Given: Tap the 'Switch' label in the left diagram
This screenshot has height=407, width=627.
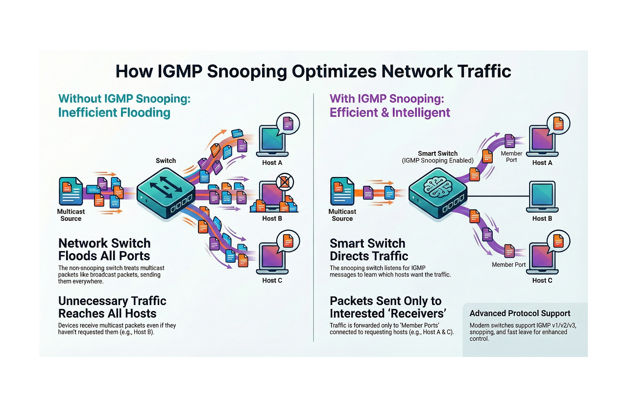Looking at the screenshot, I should point(166,161).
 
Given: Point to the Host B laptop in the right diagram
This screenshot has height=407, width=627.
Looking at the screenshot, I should point(542,196).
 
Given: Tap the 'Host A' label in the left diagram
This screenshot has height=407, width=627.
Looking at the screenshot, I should point(272,163).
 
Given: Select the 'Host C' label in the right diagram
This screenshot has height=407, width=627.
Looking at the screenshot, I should point(542,280).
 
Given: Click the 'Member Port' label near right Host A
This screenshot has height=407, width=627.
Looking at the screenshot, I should point(511,157).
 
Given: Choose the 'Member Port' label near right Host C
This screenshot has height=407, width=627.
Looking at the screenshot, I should point(509,265).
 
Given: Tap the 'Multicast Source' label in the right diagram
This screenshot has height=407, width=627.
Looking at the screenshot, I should point(342,215).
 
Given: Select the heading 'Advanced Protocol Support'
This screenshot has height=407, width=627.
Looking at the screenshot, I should point(520,313).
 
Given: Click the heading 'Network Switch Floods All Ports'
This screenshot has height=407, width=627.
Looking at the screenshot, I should point(104,250).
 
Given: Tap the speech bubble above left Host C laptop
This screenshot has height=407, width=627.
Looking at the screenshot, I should point(288,240).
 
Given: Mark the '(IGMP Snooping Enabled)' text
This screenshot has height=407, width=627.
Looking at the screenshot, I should point(437,161).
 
